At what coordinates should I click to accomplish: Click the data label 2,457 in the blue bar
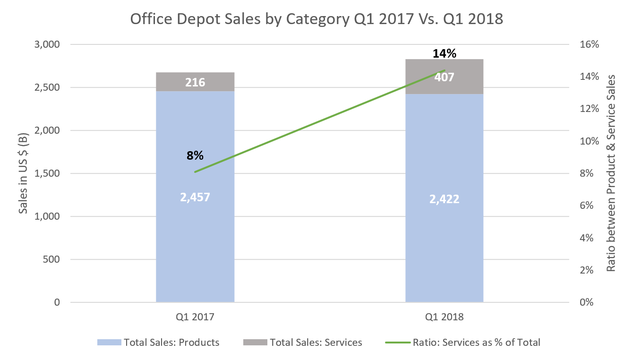[x=195, y=197]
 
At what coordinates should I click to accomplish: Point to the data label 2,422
[x=444, y=199]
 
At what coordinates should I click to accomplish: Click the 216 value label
[x=195, y=82]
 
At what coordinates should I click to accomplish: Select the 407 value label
[x=444, y=77]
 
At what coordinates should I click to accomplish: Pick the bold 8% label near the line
[x=195, y=155]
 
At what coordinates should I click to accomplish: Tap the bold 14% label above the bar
[x=444, y=53]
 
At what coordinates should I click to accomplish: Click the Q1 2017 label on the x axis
[x=195, y=317]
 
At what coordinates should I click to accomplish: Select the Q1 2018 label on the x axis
[x=444, y=317]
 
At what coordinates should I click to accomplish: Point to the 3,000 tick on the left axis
[x=47, y=44]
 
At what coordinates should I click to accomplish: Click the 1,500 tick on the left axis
[x=47, y=173]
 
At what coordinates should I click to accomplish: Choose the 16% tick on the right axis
[x=589, y=44]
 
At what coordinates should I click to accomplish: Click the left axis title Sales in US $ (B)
[x=24, y=173]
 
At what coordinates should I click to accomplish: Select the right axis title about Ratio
[x=611, y=173]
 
